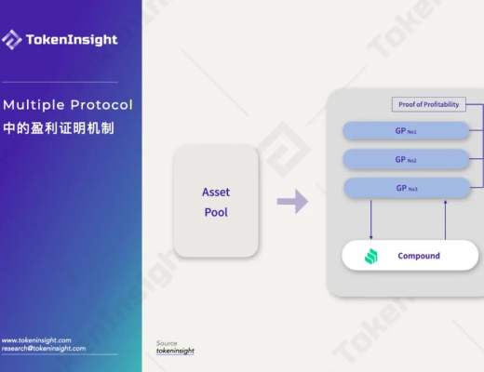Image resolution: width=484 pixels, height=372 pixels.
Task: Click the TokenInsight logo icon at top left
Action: click(x=12, y=39)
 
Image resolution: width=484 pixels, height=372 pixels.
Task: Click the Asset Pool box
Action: click(x=216, y=201)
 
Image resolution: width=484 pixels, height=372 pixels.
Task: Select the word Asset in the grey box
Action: click(x=216, y=192)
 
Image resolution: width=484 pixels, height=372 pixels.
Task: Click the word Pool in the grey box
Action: click(x=216, y=211)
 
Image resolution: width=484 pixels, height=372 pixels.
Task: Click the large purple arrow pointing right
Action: click(x=292, y=201)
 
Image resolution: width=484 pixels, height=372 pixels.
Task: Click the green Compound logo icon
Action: click(x=370, y=255)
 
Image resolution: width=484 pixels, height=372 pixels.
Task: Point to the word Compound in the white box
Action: click(x=418, y=255)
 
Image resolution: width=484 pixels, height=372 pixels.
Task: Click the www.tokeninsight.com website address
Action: click(x=36, y=340)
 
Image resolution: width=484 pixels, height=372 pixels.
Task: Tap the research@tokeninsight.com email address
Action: click(x=44, y=349)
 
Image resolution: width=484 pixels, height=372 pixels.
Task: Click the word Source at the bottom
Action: click(x=166, y=342)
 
